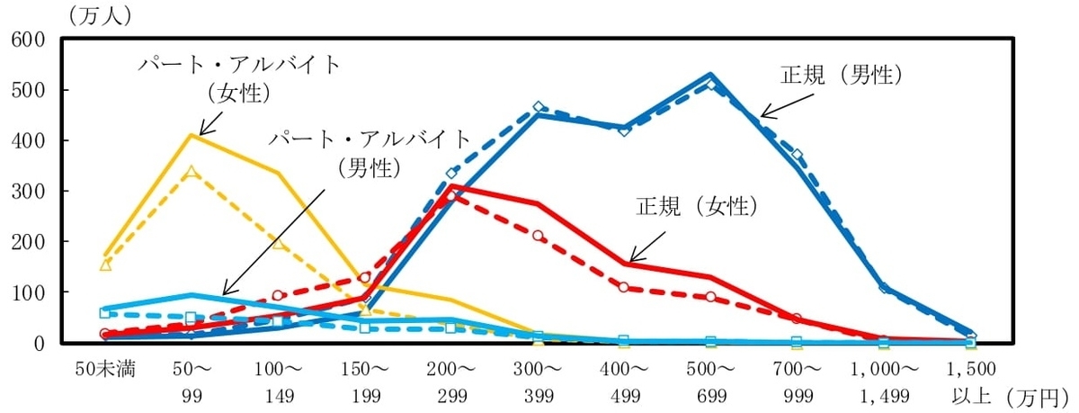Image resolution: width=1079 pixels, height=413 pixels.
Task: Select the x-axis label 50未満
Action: [x=105, y=369]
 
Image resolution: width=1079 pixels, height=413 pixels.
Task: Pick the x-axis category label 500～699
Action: [x=710, y=381]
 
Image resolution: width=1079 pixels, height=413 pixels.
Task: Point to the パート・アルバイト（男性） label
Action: [x=370, y=151]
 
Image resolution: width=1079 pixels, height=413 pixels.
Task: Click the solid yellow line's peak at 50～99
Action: [x=192, y=135]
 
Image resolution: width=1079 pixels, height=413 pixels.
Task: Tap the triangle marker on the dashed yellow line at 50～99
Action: [x=192, y=171]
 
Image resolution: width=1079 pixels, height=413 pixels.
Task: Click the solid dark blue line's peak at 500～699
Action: [x=710, y=75]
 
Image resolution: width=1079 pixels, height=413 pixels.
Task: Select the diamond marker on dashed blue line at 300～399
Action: [x=539, y=107]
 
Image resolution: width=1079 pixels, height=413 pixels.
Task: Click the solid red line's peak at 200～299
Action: [x=452, y=186]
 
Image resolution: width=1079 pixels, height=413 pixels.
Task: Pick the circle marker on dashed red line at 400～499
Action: [x=625, y=287]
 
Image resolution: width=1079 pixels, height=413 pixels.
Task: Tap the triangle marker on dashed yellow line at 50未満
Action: [x=105, y=265]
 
